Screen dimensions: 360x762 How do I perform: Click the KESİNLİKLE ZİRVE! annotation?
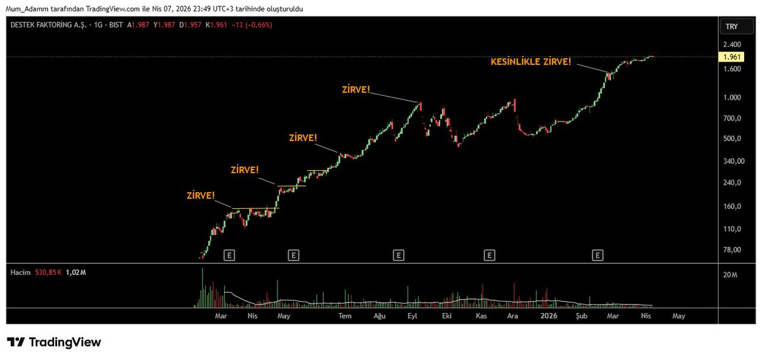click(x=531, y=62)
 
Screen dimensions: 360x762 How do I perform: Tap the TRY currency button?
click(x=731, y=27)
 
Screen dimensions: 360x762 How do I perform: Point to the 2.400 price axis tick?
click(x=732, y=45)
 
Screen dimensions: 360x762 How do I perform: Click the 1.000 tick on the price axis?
click(x=732, y=98)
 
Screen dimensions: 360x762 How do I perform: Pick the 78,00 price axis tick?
click(x=732, y=250)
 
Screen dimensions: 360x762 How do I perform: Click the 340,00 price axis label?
click(x=732, y=161)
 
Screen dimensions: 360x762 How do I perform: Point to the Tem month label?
click(x=344, y=316)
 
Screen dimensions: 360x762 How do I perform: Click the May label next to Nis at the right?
click(x=679, y=316)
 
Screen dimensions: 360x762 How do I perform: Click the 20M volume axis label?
click(x=730, y=275)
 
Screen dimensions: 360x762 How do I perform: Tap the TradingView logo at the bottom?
click(x=54, y=342)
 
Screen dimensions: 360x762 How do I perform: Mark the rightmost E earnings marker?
click(x=598, y=255)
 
